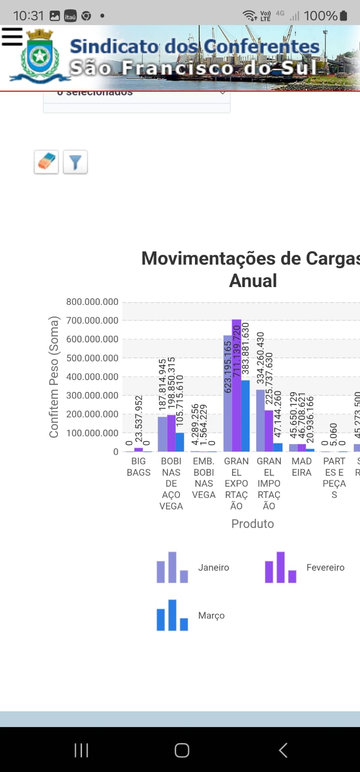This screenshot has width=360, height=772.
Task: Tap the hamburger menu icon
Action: click(x=12, y=37)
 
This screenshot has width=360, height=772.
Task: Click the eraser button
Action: click(x=46, y=162)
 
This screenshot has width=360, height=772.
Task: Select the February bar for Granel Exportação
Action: click(x=236, y=386)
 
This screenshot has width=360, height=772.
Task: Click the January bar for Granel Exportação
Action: click(x=228, y=393)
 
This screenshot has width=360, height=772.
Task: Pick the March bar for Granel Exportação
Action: click(x=245, y=416)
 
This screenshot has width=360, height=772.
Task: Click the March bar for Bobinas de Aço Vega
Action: click(x=180, y=442)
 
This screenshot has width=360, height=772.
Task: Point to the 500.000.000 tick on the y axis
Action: click(x=92, y=358)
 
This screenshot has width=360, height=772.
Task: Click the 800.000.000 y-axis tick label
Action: click(x=92, y=302)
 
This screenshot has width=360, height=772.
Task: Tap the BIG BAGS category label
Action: click(x=138, y=467)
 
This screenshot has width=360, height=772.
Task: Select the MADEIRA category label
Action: click(x=302, y=467)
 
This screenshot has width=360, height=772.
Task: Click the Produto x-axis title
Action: click(x=252, y=524)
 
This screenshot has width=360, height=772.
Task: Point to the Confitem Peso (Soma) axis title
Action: click(x=54, y=377)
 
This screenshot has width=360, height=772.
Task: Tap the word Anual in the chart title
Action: click(x=253, y=281)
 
